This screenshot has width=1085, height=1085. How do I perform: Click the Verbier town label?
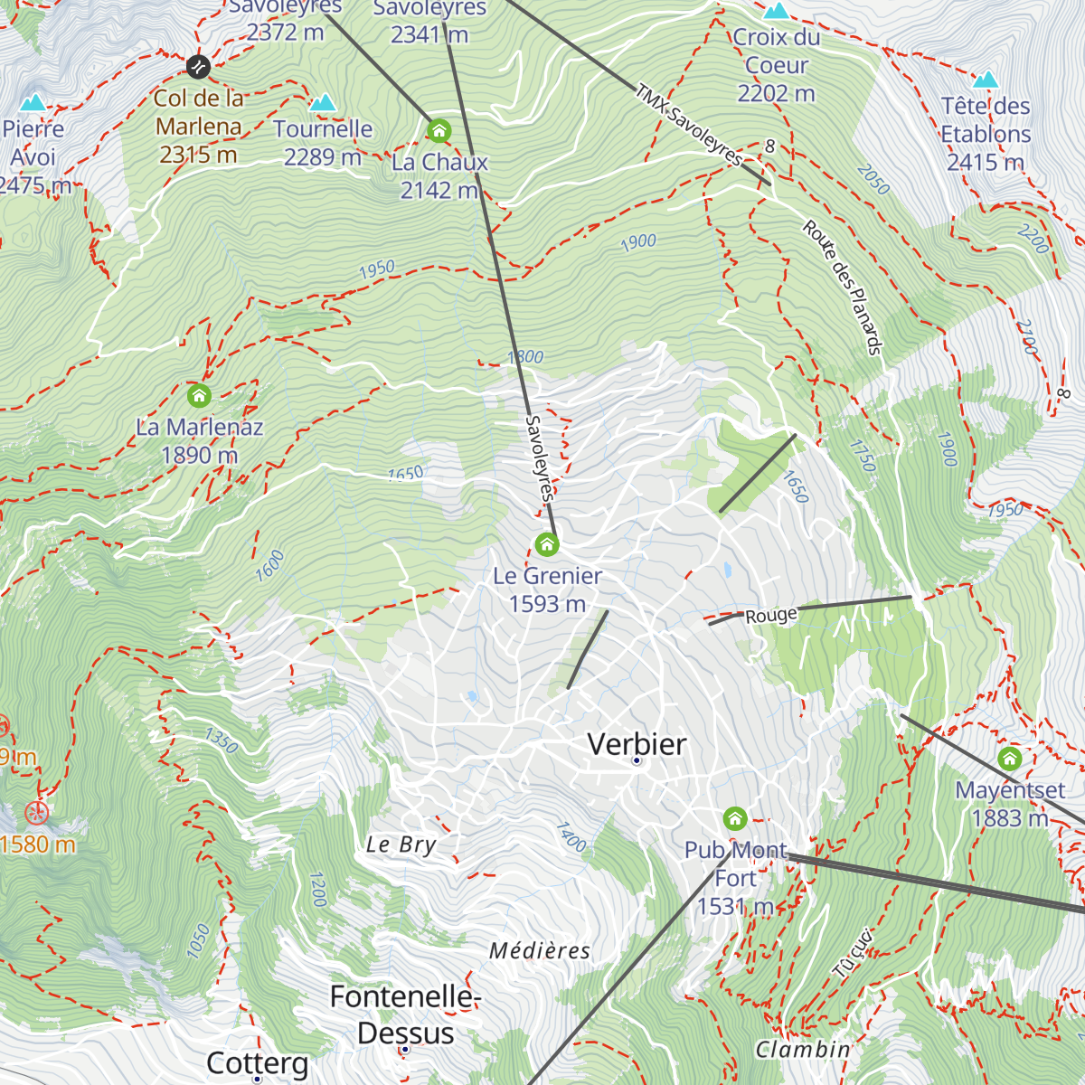point(637,744)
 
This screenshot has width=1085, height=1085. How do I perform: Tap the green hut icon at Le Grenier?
point(546,544)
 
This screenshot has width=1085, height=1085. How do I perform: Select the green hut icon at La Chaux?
point(439,131)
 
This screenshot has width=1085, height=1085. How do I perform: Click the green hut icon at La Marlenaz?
point(199,395)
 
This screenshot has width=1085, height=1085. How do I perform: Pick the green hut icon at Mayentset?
point(1009,759)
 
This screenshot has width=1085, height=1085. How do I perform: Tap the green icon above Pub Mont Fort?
point(735,819)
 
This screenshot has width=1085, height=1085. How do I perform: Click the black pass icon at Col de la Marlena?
point(198,66)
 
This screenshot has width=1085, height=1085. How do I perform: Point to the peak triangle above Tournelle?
point(323,102)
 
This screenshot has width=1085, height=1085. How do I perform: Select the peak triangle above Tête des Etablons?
point(986,80)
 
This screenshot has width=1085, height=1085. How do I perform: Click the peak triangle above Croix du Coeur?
point(776,11)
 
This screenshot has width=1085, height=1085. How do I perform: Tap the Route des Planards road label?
point(842,288)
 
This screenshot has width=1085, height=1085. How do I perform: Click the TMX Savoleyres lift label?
point(689,125)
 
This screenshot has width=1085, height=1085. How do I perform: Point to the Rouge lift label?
point(771,616)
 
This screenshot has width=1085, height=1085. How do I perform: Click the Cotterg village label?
point(257,1063)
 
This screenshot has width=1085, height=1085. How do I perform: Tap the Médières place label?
point(540,950)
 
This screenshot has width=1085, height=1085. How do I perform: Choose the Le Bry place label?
point(401,844)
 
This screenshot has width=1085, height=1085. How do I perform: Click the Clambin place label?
point(803,1049)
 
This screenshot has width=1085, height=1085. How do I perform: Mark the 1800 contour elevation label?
point(525,357)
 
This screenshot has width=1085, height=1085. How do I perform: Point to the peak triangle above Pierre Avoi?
point(33,101)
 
